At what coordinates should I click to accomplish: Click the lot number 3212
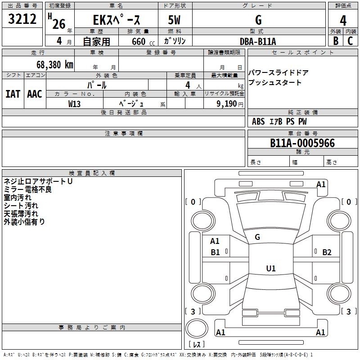pos(22,19)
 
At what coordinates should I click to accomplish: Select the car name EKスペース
pos(116,20)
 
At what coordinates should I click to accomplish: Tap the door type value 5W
pos(174,20)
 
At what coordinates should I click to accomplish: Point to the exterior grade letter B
pos(335,41)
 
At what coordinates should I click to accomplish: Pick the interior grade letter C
pos(350,41)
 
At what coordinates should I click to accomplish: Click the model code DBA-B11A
pos(258,41)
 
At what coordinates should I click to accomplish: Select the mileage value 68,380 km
pos(52,64)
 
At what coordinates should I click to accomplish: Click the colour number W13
pos(75,104)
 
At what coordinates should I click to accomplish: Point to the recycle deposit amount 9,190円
pos(229,104)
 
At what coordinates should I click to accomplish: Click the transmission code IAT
pos(13,94)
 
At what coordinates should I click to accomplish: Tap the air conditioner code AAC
pos(35,94)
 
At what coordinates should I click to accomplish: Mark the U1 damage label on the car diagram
pos(270,269)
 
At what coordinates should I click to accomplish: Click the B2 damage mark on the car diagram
pos(327,252)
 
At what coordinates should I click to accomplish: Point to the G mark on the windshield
pos(257,237)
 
